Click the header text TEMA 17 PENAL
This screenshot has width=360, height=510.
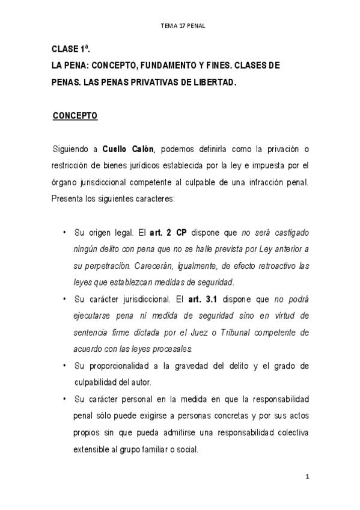tap(180, 26)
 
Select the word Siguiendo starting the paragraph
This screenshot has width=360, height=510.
tap(71, 150)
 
